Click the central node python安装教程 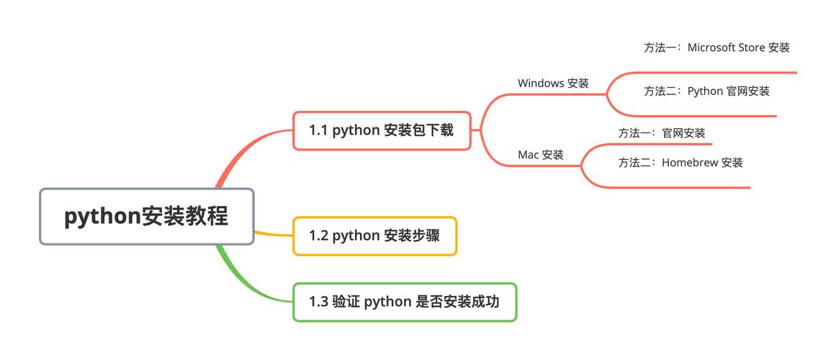click(146, 217)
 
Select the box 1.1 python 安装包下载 click(382, 130)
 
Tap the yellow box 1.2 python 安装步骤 click(374, 236)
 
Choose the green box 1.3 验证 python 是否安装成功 click(404, 302)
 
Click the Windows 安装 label click(553, 84)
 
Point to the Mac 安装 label click(541, 155)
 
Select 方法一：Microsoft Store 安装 click(716, 48)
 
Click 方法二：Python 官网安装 click(706, 91)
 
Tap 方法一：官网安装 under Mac click(661, 133)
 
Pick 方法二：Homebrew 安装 click(680, 163)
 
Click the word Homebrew click(690, 163)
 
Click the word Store click(753, 48)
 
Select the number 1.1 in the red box click(318, 130)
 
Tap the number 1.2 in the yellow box click(318, 236)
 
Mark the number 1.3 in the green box click(318, 302)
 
